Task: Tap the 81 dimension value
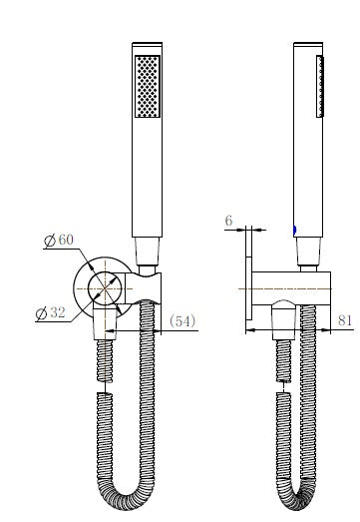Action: pyautogui.click(x=345, y=320)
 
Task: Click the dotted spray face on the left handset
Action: pyautogui.click(x=146, y=90)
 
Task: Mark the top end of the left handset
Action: pyautogui.click(x=148, y=46)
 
